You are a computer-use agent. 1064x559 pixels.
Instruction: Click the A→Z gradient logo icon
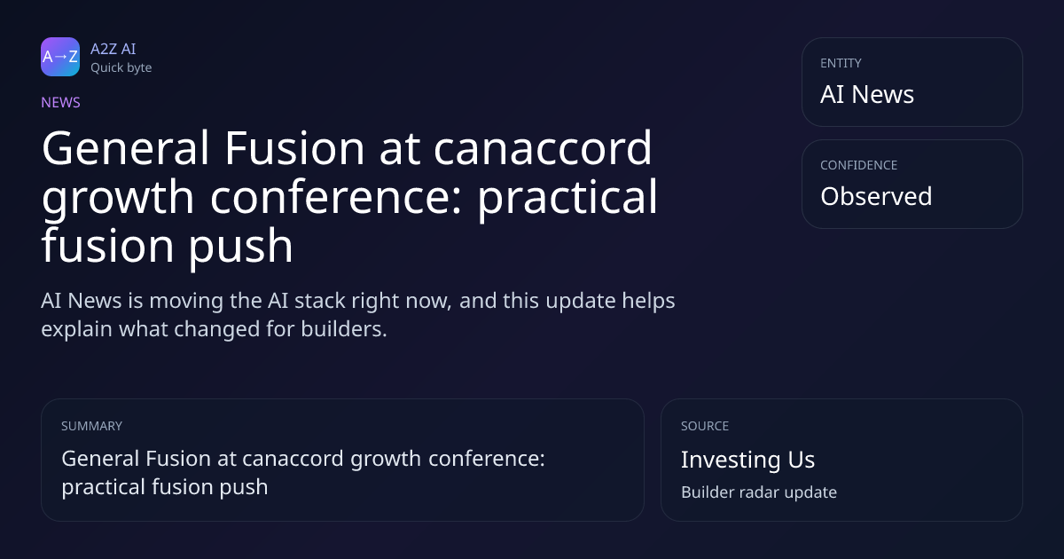point(60,57)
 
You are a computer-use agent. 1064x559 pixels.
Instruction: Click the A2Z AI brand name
point(113,49)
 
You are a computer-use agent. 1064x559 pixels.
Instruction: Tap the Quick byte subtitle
point(121,68)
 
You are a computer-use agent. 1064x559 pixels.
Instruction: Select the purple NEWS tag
point(61,103)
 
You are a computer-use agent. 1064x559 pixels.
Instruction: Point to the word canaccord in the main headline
point(543,150)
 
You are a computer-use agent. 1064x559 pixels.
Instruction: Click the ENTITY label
point(841,63)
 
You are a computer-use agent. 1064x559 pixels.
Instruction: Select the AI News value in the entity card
point(867,94)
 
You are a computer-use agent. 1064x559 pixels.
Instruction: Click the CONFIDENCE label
point(859,165)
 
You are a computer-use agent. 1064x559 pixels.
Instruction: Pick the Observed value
point(876,196)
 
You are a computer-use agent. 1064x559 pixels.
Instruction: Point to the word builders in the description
point(344,329)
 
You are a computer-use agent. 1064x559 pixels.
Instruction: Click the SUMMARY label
point(91,426)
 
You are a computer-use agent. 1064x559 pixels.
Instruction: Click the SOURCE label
point(705,426)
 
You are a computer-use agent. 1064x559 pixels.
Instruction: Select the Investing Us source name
point(748,460)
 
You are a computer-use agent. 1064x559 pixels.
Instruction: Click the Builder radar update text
point(759,492)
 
